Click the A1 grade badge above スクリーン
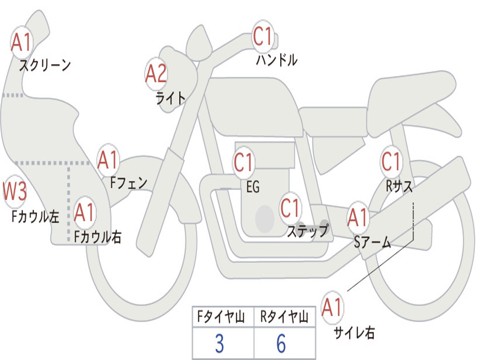click(x=22, y=43)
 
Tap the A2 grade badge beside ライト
click(x=156, y=74)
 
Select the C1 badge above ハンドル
click(x=262, y=37)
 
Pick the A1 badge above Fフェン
click(x=108, y=160)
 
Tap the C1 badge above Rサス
click(x=391, y=162)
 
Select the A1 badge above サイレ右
click(x=332, y=307)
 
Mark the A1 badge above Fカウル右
click(x=84, y=213)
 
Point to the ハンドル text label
click(x=277, y=60)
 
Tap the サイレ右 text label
click(x=354, y=333)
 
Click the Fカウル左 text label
click(x=36, y=216)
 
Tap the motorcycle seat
click(x=412, y=94)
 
